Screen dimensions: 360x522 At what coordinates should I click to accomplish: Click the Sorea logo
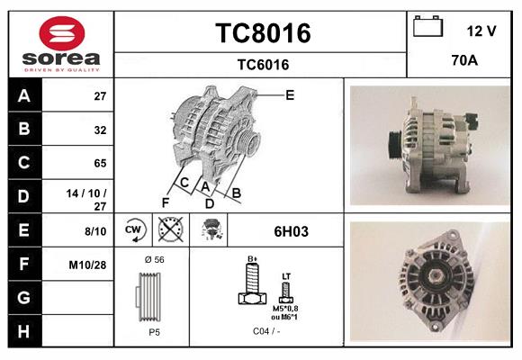[59, 42]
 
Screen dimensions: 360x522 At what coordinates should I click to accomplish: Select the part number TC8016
[262, 33]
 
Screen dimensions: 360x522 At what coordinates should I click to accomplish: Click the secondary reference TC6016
[262, 64]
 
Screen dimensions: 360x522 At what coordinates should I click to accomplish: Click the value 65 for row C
[100, 163]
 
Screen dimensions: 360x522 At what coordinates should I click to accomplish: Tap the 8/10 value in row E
[94, 230]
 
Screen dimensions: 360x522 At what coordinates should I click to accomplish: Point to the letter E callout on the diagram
[290, 94]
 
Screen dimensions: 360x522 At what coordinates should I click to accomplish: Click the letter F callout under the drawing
[165, 202]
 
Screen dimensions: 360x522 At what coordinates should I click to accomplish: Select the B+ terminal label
[253, 259]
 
